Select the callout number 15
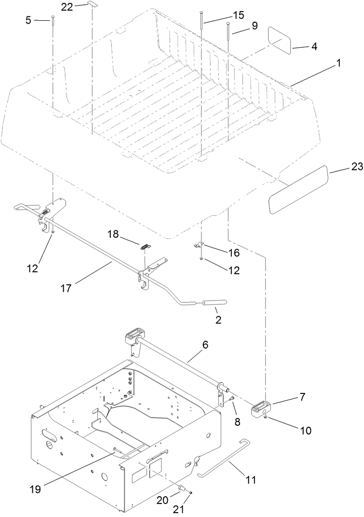238,15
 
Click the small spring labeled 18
144,246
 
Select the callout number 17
66,288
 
